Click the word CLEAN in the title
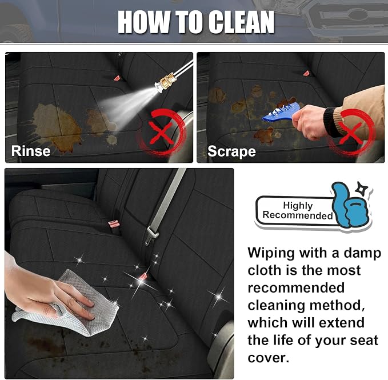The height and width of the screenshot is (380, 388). (x=241, y=22)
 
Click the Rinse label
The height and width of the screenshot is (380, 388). (x=31, y=151)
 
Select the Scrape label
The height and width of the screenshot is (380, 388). (x=231, y=151)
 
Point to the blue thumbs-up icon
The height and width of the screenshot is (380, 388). (x=350, y=205)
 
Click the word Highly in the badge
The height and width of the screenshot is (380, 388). (x=298, y=206)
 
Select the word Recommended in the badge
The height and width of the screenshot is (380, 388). (x=298, y=215)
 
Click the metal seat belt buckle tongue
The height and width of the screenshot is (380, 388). (x=151, y=235)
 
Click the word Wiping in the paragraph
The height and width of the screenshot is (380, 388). (x=271, y=254)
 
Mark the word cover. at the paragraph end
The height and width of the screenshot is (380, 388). (x=269, y=358)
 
